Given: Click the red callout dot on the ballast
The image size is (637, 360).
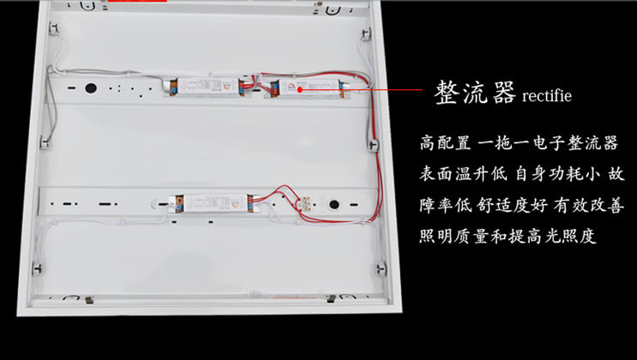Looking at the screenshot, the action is coord(301,88).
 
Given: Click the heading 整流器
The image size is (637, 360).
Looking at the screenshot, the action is coord(475,93).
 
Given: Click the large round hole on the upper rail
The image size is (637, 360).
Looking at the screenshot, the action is coord(89,87).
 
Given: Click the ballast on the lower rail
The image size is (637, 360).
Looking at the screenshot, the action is coord(211,203).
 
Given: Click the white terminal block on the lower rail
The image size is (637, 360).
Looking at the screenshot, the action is coord(303,202).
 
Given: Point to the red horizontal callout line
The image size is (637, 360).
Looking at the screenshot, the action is coord(360,88).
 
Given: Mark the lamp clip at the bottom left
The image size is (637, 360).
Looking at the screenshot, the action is coord(37,267).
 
